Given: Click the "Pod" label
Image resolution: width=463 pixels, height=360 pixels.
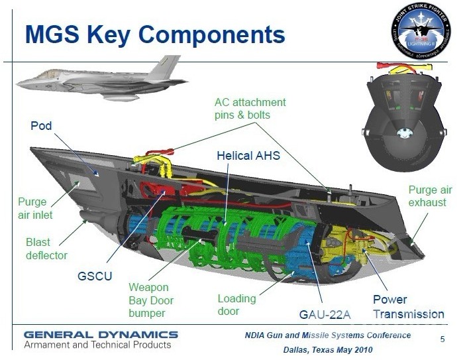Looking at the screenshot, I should click(41, 126).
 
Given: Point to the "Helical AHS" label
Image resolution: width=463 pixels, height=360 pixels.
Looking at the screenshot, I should click(248, 156).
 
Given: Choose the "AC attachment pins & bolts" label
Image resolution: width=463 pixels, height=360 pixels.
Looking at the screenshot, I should click(250, 109).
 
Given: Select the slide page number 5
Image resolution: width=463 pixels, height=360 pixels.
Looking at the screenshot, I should click(442, 339).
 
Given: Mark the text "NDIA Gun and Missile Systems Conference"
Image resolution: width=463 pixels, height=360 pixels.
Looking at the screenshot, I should click(327, 335).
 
